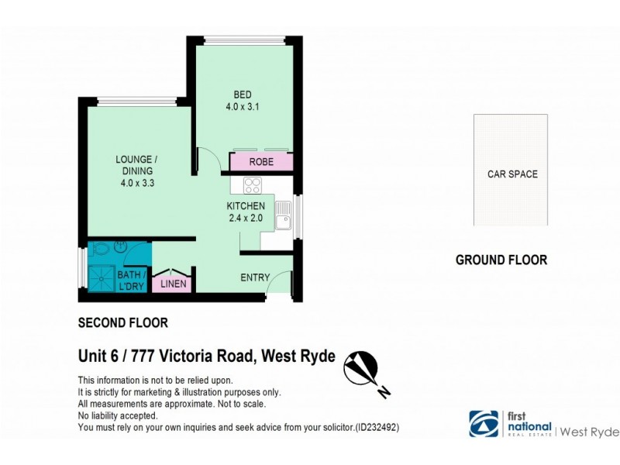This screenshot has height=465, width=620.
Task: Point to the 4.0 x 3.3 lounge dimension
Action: [x=136, y=184]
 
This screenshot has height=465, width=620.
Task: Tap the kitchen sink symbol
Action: [x=284, y=215]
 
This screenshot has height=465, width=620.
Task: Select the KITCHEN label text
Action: [x=246, y=206]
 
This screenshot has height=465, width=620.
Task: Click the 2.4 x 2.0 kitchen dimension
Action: [x=246, y=219]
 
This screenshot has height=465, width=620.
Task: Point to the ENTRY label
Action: [x=255, y=277]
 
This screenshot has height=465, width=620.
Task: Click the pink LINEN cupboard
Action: [x=173, y=284]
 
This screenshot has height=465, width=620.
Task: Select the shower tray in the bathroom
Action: [x=100, y=276]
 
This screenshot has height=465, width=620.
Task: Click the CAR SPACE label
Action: [x=511, y=174]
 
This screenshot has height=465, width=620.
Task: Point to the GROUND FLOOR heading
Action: [x=501, y=260]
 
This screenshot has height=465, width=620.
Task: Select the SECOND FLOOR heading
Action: [x=123, y=322]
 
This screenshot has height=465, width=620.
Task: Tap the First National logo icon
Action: [x=484, y=423]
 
